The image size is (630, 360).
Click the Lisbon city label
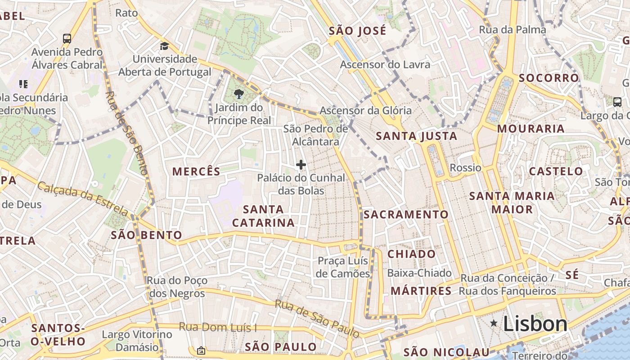click(535, 324)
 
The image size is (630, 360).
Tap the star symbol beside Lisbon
click(494, 323)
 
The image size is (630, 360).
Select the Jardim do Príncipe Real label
click(239, 114)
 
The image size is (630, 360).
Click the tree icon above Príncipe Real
click(238, 94)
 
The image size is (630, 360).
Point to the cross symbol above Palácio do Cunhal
click(301, 165)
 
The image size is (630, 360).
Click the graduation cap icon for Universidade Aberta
click(164, 46)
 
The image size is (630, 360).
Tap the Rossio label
click(466, 168)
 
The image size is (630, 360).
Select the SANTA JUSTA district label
click(416, 136)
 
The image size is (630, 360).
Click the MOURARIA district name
click(531, 129)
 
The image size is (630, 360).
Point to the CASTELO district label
click(556, 171)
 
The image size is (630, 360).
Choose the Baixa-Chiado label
click(419, 273)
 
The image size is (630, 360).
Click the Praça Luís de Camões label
click(343, 267)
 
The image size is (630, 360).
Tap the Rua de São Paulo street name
click(318, 319)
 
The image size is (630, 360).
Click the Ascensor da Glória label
click(365, 110)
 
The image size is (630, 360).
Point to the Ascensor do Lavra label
click(385, 64)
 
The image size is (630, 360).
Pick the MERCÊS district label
click(197, 171)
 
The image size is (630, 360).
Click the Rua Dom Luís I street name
click(218, 327)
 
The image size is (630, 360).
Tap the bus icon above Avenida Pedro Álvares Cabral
click(67, 38)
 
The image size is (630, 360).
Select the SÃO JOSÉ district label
click(357, 31)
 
